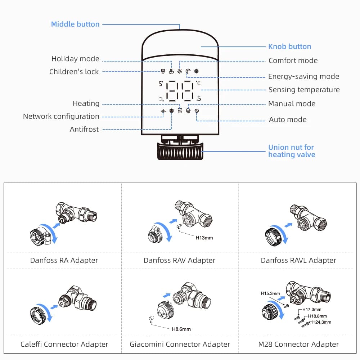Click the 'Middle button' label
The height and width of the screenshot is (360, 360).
(x=75, y=24)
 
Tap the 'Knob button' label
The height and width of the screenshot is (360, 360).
(x=289, y=46)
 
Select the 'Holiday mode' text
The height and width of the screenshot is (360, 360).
(x=75, y=59)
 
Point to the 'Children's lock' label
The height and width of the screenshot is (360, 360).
(x=74, y=72)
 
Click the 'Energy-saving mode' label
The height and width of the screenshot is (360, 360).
(x=303, y=76)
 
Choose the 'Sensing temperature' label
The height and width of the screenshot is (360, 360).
(x=304, y=90)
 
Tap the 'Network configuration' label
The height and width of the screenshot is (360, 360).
(x=61, y=116)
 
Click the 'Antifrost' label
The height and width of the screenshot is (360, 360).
(x=84, y=129)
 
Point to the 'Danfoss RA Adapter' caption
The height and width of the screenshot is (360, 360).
(x=64, y=260)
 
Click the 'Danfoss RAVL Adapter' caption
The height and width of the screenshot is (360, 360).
(x=298, y=260)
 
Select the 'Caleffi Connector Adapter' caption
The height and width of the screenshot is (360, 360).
(x=64, y=344)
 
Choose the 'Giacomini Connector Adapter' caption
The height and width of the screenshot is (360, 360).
(x=180, y=344)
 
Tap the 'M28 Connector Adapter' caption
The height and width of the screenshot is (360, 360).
(x=298, y=344)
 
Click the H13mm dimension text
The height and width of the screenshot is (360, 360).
(x=204, y=238)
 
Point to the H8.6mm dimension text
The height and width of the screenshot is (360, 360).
(x=181, y=329)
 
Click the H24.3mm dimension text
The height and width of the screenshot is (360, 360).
(x=321, y=322)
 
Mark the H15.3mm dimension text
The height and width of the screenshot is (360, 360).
(x=270, y=293)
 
